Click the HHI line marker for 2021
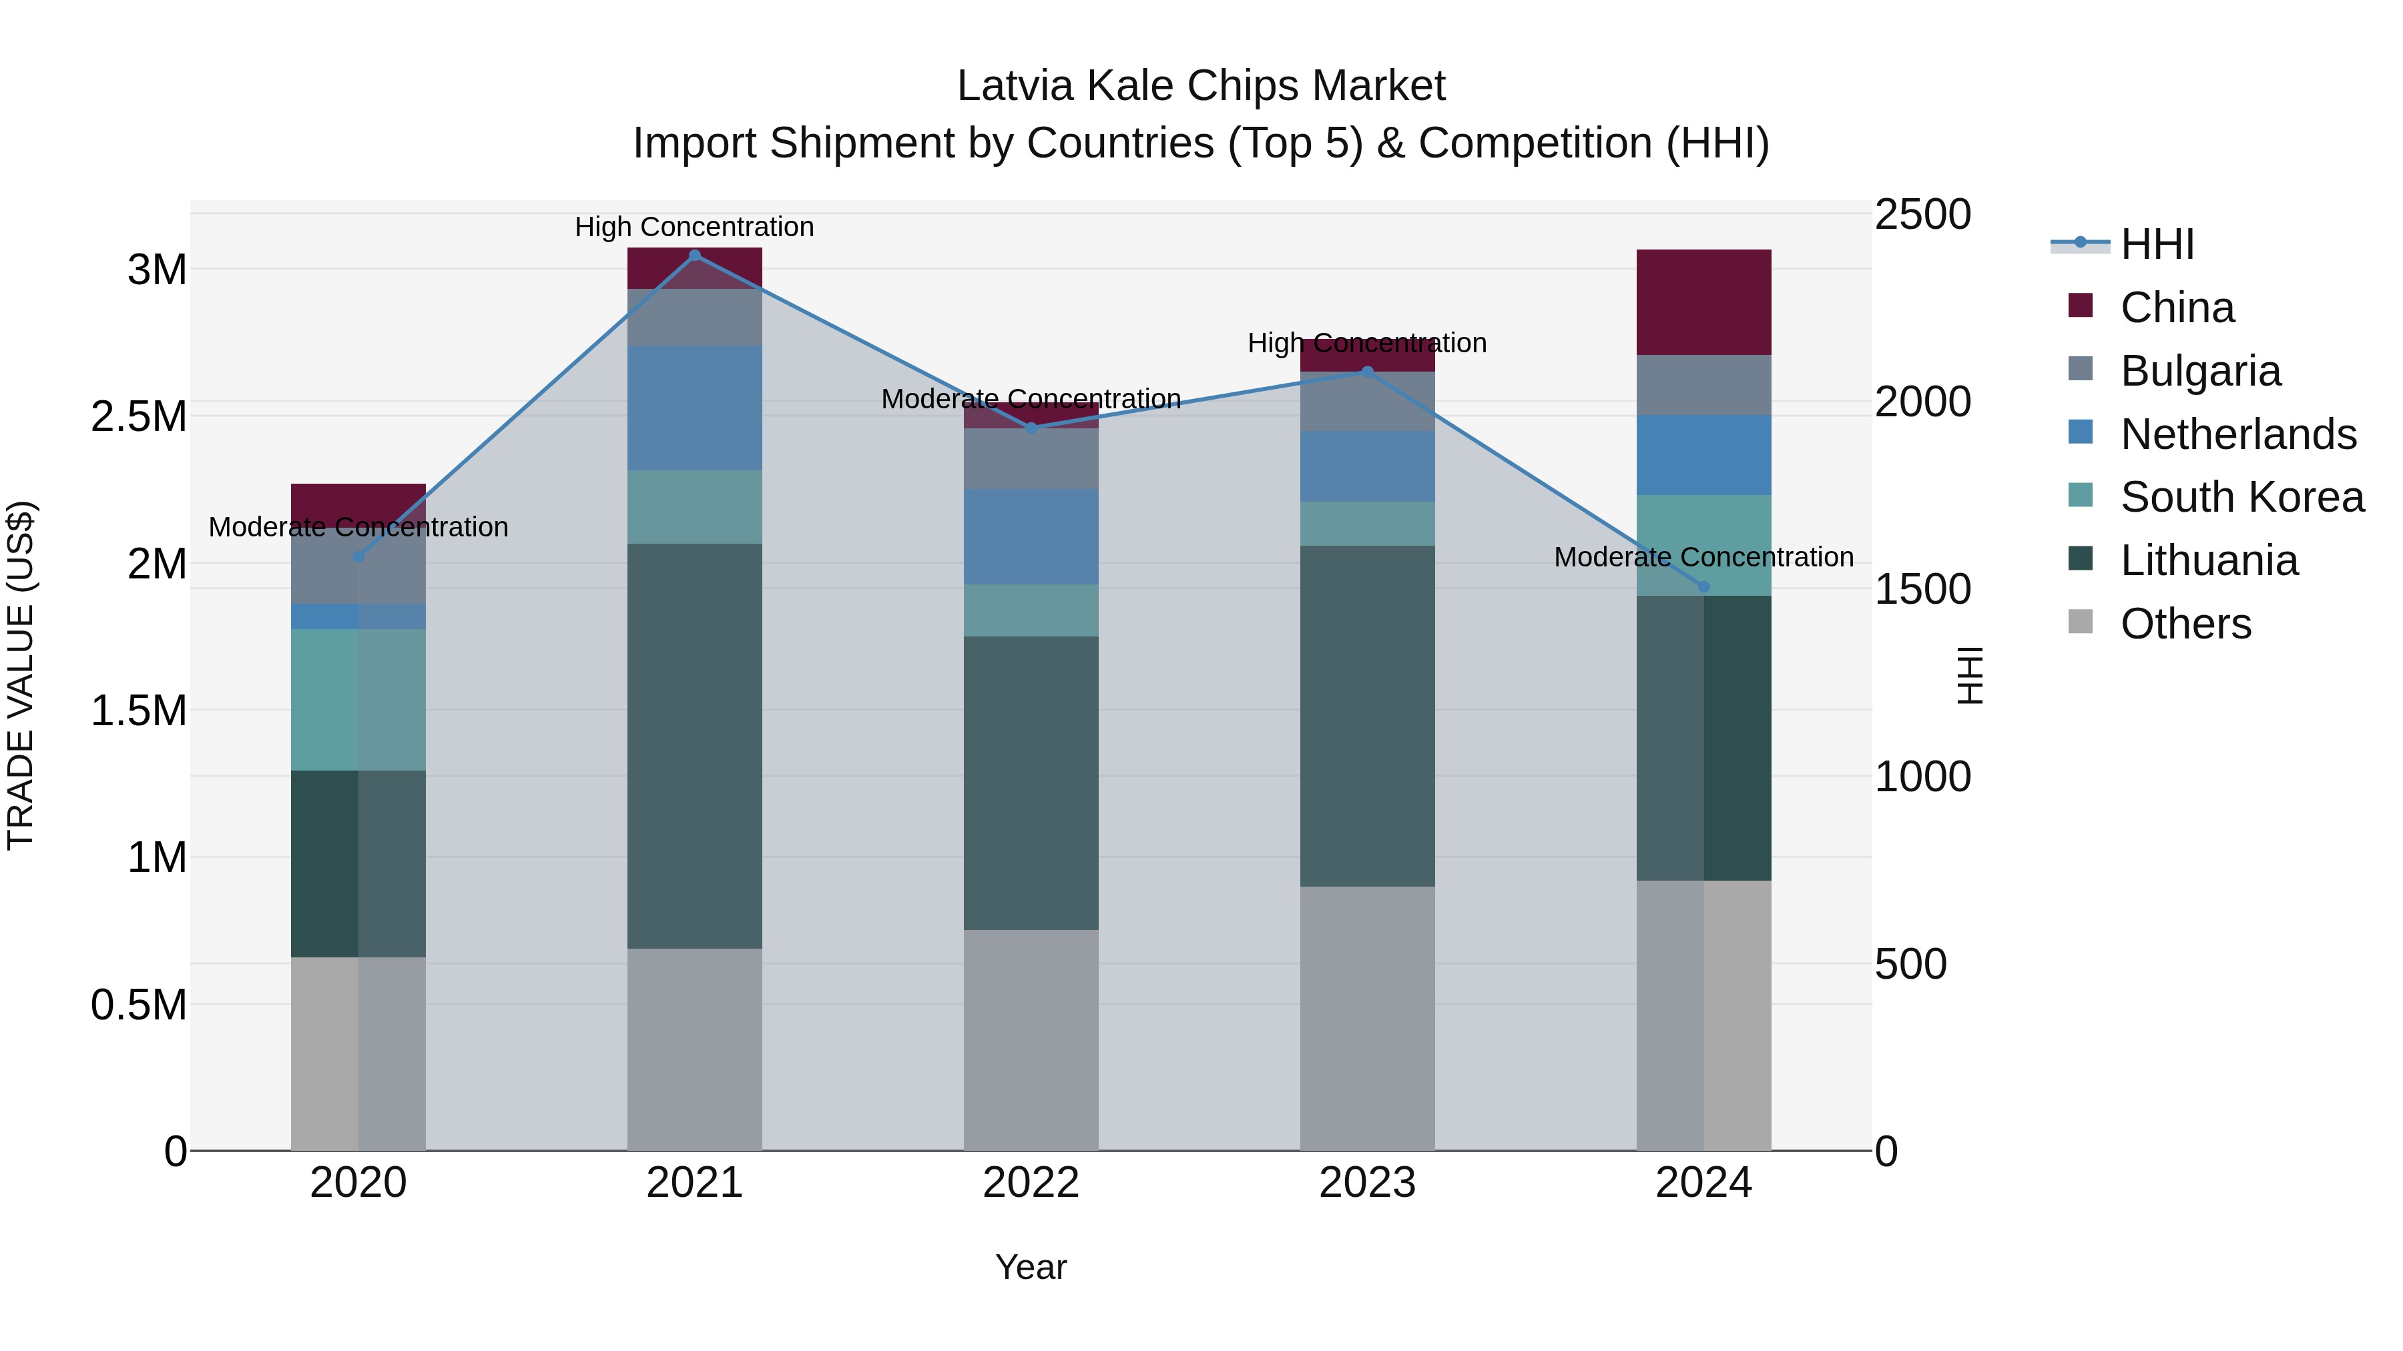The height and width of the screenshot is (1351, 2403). [x=694, y=256]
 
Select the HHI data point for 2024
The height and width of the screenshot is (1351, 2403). [x=1703, y=586]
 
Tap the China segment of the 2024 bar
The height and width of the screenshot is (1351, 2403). [x=1703, y=302]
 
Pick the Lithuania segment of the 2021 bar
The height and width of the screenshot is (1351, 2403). [x=694, y=746]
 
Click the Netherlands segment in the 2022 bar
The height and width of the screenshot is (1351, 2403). [x=1031, y=537]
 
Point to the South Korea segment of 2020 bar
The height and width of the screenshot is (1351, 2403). [x=358, y=699]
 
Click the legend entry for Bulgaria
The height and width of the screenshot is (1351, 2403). [x=2199, y=371]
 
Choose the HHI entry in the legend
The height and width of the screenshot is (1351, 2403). [x=2157, y=244]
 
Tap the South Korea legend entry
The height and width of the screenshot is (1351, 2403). [x=2241, y=497]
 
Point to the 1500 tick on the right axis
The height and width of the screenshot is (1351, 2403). [x=1922, y=589]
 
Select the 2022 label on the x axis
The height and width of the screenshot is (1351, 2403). [x=1031, y=1183]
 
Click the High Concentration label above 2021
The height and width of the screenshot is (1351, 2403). [x=694, y=227]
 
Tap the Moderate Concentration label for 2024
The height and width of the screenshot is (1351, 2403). [x=1703, y=556]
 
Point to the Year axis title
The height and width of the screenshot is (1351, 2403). [x=1031, y=1267]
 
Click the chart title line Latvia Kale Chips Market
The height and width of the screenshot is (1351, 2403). [x=1201, y=86]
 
